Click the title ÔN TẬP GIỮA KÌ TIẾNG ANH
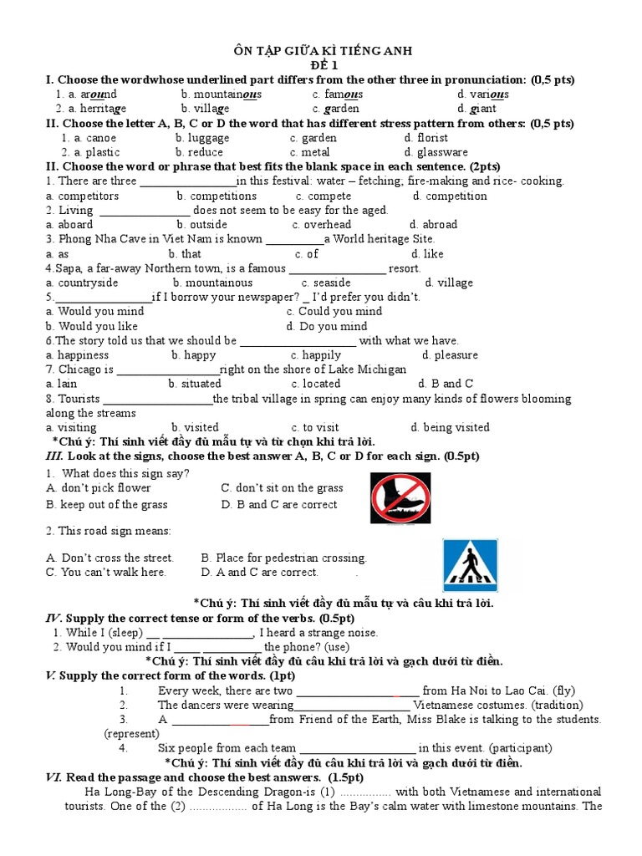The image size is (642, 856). pos(320,51)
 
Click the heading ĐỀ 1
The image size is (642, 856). pos(320,65)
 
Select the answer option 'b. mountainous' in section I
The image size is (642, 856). pos(221,94)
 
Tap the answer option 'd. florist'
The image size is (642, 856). pos(425,138)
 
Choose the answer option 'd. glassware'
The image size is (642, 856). pos(436,152)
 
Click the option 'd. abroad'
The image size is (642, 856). pos(433,224)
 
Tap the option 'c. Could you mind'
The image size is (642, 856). pos(334,311)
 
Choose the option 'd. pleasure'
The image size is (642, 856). pos(450,354)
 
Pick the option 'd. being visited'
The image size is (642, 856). pos(450,427)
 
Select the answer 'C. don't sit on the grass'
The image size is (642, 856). pos(282,487)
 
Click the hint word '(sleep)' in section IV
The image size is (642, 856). pos(126,633)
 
